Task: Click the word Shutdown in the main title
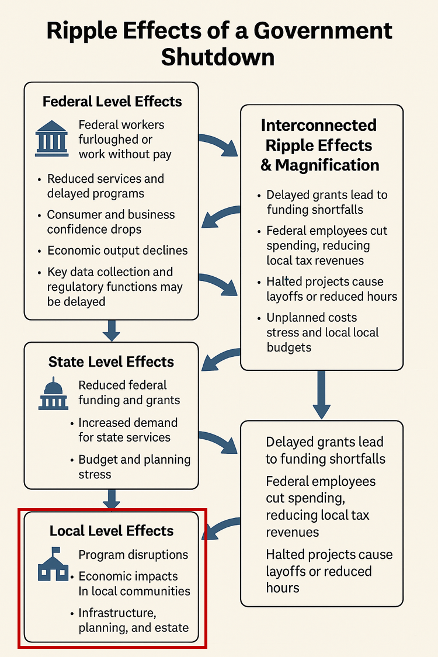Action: click(x=218, y=57)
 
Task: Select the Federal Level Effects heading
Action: click(x=112, y=102)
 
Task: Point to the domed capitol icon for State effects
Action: click(x=54, y=392)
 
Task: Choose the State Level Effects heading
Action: click(x=111, y=362)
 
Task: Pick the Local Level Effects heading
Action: click(x=112, y=531)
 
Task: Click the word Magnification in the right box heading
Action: click(x=327, y=165)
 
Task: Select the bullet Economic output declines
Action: click(x=117, y=251)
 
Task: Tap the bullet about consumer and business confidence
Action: click(x=111, y=222)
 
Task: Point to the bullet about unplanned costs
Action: click(x=322, y=332)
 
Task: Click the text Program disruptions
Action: click(x=133, y=554)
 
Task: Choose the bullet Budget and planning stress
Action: click(x=134, y=467)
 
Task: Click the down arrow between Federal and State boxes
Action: click(x=111, y=331)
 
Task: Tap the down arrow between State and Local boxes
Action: click(x=111, y=499)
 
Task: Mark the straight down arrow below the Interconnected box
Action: click(x=321, y=395)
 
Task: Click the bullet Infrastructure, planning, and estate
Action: click(x=133, y=620)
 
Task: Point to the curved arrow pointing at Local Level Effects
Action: click(x=223, y=527)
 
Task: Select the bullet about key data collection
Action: click(x=114, y=287)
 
